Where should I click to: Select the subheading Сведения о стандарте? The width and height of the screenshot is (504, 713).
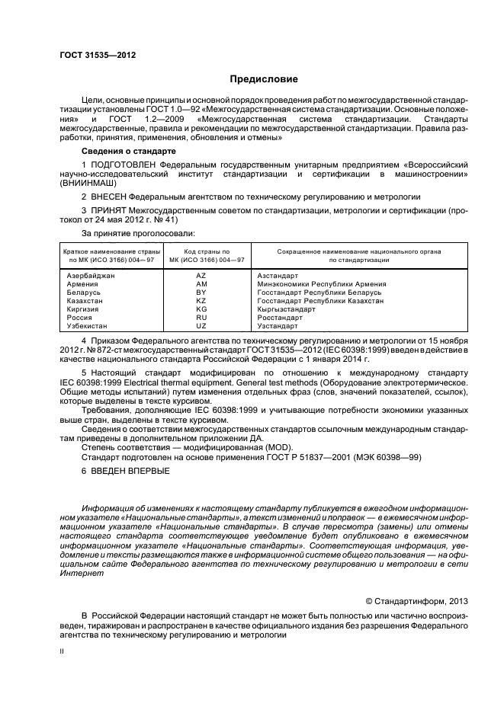pos(124,152)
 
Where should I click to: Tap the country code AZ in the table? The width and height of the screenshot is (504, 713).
pos(201,274)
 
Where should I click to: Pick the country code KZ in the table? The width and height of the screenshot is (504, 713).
pos(201,301)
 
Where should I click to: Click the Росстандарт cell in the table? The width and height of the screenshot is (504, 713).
pos(280,318)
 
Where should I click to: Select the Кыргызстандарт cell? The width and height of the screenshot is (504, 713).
pos(286,309)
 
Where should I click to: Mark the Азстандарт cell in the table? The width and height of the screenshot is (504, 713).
pos(278,274)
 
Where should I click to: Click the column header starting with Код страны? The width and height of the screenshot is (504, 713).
pos(203,255)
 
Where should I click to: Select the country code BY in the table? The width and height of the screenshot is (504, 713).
pos(201,292)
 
